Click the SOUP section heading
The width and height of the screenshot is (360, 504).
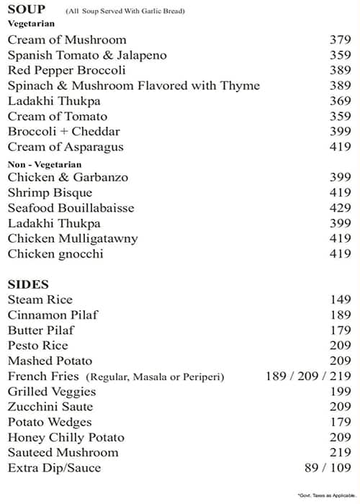point(26,9)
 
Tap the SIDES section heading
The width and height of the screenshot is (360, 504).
point(28,284)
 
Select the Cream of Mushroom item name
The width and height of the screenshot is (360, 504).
point(67,40)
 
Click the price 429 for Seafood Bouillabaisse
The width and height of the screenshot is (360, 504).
point(340,208)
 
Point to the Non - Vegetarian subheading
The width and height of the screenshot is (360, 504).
point(45,164)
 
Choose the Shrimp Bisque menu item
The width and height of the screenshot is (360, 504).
point(50,193)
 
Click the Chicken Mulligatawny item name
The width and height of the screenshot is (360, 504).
point(73,238)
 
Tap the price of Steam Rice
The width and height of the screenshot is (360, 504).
point(340,300)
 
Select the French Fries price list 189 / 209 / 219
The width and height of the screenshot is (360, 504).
point(308,377)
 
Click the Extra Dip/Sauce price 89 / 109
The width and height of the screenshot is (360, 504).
point(328,468)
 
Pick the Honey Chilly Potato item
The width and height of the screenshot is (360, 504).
point(66,438)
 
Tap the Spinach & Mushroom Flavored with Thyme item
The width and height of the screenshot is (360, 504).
point(134,86)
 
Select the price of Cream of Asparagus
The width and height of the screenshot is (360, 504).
point(340,148)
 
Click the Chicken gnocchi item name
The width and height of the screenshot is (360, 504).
point(55,254)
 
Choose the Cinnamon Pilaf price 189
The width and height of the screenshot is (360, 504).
point(340,315)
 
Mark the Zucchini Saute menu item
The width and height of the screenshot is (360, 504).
point(50,407)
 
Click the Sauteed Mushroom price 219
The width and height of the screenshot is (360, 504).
point(340,453)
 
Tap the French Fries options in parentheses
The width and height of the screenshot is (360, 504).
point(156,377)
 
